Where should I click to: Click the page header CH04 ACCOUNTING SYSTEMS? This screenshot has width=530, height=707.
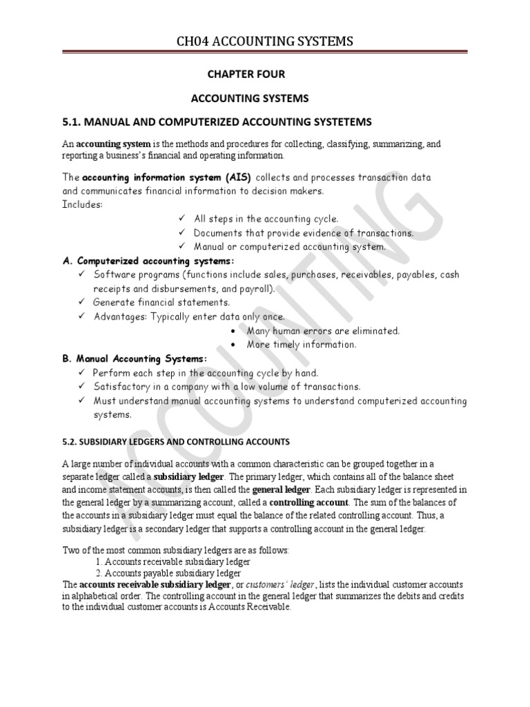pyautogui.click(x=264, y=43)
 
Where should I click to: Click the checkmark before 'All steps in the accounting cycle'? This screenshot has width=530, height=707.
pyautogui.click(x=181, y=219)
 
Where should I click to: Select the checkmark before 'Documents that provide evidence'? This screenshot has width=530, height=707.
pyautogui.click(x=181, y=233)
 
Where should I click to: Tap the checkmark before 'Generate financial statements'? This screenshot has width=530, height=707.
pyautogui.click(x=81, y=302)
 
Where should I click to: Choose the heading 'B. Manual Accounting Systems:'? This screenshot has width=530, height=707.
pyautogui.click(x=135, y=359)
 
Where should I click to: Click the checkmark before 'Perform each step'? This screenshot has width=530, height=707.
pyautogui.click(x=81, y=373)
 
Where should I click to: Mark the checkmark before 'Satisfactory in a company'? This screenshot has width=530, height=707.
pyautogui.click(x=81, y=387)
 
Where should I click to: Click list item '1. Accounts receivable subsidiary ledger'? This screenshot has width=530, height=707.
pyautogui.click(x=173, y=561)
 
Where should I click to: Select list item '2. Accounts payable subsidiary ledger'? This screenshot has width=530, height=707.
pyautogui.click(x=169, y=572)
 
